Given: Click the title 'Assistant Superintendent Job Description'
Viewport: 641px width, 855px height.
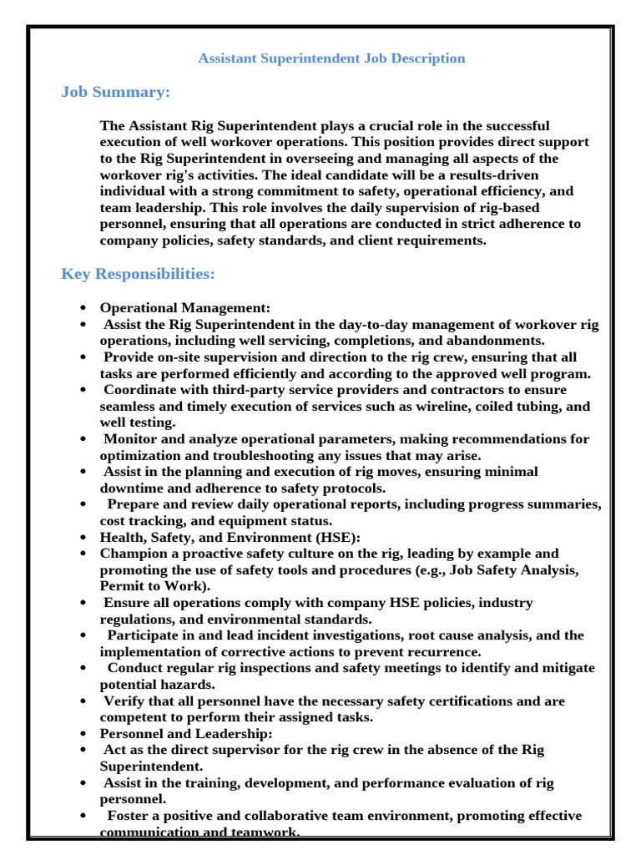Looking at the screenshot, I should pyautogui.click(x=331, y=58).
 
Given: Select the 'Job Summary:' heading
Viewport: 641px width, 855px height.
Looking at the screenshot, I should pyautogui.click(x=115, y=92).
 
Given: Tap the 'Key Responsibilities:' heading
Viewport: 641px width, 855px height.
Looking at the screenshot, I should pyautogui.click(x=138, y=274).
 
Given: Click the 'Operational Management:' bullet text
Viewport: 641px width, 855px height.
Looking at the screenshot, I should pyautogui.click(x=184, y=308).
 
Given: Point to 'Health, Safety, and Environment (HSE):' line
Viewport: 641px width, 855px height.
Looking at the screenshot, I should pyautogui.click(x=230, y=537).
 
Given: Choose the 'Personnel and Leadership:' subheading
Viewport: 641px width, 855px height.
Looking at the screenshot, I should pyautogui.click(x=185, y=733).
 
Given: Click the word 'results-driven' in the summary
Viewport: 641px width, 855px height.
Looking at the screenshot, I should pyautogui.click(x=497, y=175).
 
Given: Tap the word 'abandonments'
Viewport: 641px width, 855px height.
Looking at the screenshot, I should pyautogui.click(x=501, y=341).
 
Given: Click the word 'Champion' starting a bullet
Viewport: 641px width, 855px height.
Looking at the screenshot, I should pyautogui.click(x=130, y=554).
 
